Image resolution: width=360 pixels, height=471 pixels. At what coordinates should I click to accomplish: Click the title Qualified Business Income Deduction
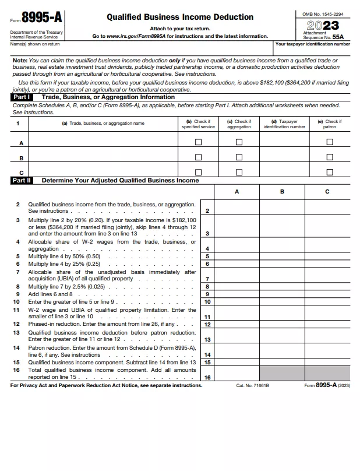pos(180,17)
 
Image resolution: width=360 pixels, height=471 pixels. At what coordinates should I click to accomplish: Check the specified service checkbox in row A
pos(198,142)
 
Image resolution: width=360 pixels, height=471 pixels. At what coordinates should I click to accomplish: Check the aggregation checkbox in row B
pos(239,157)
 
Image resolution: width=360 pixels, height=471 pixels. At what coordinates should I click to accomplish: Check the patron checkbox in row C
pos(330,172)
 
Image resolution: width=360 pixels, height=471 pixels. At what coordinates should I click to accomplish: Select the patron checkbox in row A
pos(330,142)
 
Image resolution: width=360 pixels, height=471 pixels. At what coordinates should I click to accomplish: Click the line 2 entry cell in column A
pos(237,208)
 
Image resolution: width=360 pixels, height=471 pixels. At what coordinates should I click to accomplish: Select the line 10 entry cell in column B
pos(282,301)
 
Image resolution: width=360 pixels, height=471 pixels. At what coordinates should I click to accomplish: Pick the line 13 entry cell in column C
pos(327,336)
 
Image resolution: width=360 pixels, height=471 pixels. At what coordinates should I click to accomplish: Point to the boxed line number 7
pos(207,279)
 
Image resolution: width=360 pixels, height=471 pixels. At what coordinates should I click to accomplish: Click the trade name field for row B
pos(102,157)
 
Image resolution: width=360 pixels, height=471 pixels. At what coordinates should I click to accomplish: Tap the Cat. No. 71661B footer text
pos(252,385)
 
